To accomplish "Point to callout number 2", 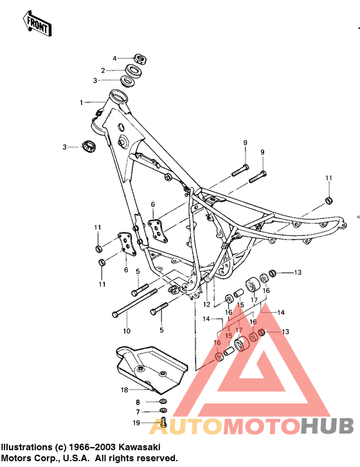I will (102, 70).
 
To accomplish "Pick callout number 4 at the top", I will (116, 58).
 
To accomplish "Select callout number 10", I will (126, 331).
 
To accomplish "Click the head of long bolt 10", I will (115, 314).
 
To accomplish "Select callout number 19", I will (136, 423).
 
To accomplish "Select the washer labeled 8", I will (163, 401).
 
